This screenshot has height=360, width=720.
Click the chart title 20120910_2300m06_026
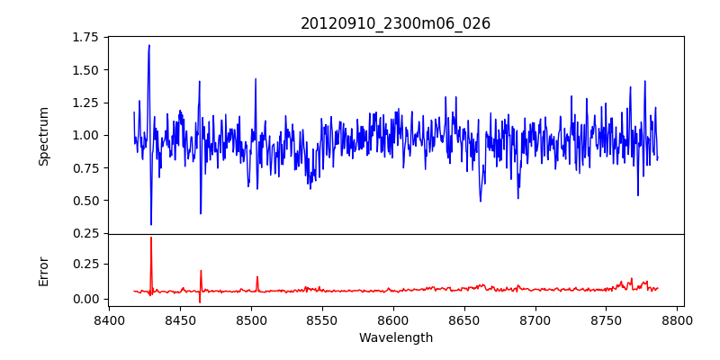[x=395, y=23]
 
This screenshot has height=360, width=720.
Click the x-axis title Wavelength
[x=395, y=338]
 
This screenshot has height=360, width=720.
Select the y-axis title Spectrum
[x=43, y=136]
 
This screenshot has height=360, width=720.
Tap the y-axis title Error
[x=43, y=270]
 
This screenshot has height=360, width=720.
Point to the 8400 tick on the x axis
[x=109, y=319]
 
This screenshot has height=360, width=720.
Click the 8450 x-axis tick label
[x=180, y=319]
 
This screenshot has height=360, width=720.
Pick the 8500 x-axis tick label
[x=251, y=319]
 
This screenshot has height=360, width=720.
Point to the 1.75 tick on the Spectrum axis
[x=85, y=37]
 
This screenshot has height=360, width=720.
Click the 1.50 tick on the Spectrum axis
[x=85, y=70]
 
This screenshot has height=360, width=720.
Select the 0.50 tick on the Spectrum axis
[x=85, y=201]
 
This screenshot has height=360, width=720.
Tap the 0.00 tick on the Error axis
[x=85, y=299]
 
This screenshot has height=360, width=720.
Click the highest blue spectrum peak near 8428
[x=149, y=45]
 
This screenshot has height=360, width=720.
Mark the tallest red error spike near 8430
[x=151, y=238]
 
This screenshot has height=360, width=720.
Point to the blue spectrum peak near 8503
[x=256, y=78]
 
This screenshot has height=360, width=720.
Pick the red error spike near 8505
[x=256, y=277]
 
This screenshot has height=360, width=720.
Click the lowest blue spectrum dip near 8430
[x=151, y=224]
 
